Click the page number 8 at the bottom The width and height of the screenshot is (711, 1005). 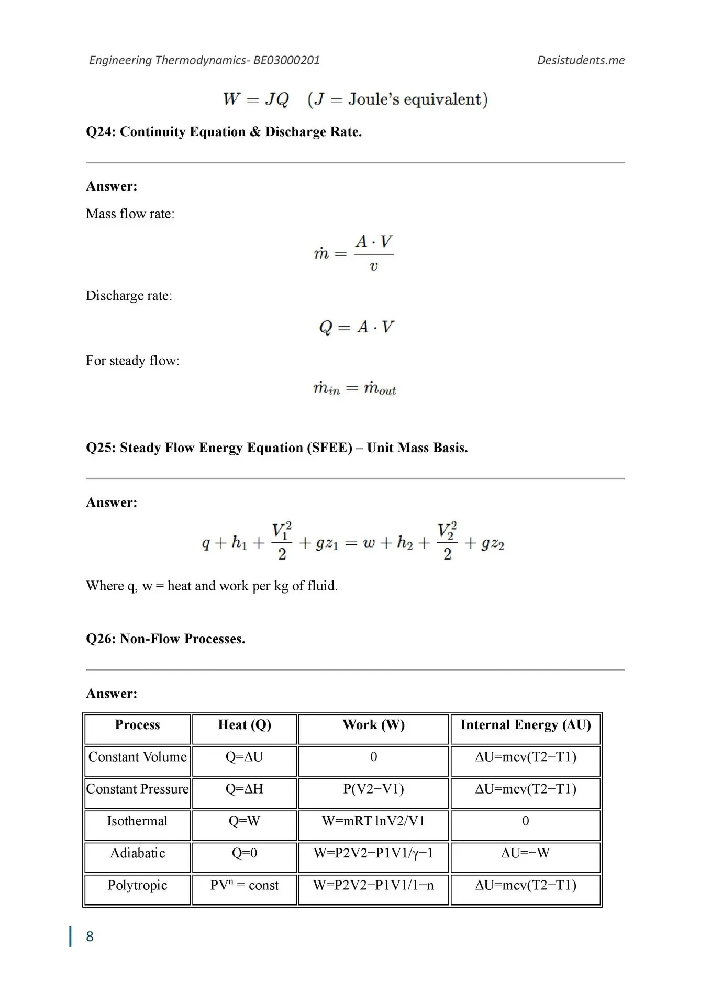click(x=90, y=936)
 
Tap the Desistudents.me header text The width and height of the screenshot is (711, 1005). click(x=581, y=60)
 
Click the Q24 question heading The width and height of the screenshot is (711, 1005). click(x=224, y=131)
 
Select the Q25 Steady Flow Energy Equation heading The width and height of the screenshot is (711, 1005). click(x=276, y=448)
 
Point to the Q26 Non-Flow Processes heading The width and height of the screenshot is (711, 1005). click(x=165, y=639)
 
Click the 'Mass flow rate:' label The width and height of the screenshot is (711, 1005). click(x=130, y=214)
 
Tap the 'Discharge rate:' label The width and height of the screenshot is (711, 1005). click(x=129, y=296)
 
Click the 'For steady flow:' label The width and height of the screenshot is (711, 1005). click(x=132, y=361)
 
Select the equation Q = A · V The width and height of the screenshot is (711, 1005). click(x=356, y=327)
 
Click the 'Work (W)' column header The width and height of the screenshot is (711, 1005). click(x=373, y=725)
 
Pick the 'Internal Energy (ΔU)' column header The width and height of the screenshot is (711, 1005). click(x=525, y=725)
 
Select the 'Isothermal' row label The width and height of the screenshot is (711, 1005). click(x=137, y=821)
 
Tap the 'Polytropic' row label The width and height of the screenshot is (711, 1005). click(x=137, y=885)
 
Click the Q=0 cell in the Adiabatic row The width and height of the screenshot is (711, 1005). click(x=245, y=853)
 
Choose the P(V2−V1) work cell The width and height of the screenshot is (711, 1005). click(x=373, y=789)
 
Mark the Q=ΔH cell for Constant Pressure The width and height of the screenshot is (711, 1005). click(x=245, y=789)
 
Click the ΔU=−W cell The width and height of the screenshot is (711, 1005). click(x=525, y=853)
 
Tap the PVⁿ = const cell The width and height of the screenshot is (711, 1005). click(x=245, y=885)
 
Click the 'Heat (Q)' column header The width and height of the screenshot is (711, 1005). click(x=245, y=725)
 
